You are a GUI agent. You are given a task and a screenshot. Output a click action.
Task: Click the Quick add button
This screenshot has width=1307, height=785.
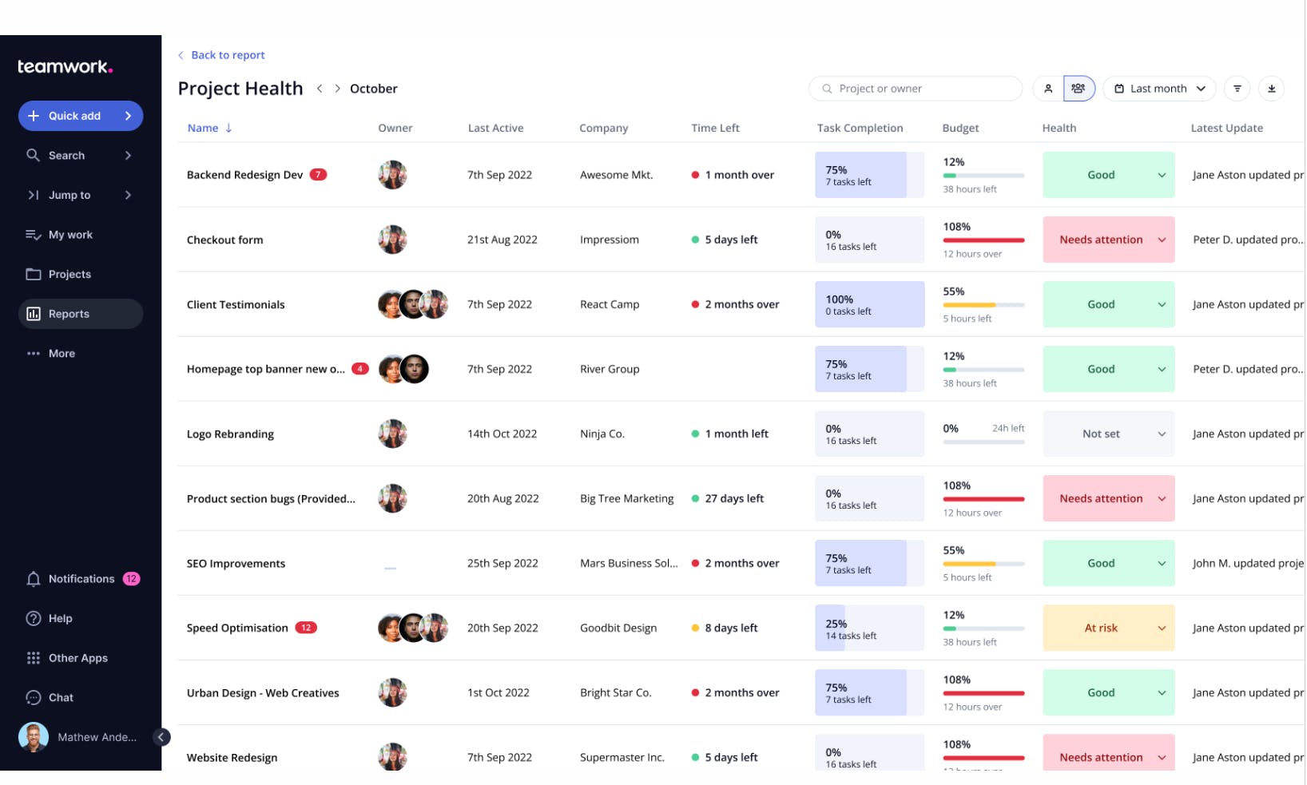[x=80, y=116]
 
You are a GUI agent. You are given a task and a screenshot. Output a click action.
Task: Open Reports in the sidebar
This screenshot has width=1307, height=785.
[x=80, y=314]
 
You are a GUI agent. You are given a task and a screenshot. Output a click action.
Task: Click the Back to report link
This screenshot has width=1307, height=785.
[x=227, y=55]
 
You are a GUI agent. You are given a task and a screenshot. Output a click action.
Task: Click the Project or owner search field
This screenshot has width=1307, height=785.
[x=916, y=89]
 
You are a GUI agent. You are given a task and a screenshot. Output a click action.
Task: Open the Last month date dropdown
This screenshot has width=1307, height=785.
[x=1158, y=89]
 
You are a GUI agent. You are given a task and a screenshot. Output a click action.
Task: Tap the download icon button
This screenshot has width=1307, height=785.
[x=1271, y=89]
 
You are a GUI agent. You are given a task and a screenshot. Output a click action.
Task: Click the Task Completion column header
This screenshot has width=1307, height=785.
[x=860, y=128]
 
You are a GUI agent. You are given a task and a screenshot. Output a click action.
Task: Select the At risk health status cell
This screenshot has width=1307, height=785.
[x=1107, y=628]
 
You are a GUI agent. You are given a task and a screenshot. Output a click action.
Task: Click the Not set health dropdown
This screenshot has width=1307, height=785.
[x=1107, y=434]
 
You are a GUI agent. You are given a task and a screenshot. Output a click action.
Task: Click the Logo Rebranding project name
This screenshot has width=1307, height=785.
[x=230, y=434]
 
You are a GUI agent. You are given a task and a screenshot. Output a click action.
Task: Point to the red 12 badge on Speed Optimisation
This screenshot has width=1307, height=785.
[x=306, y=628]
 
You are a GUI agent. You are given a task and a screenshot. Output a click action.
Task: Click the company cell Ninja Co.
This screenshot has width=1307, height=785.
[x=602, y=434]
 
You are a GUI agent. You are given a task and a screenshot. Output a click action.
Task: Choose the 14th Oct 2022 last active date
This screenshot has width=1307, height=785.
[x=502, y=434]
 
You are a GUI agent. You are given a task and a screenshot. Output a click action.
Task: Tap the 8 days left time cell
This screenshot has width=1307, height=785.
[x=730, y=628]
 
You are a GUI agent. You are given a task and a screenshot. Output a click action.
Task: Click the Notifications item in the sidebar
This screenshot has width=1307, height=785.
[x=81, y=579]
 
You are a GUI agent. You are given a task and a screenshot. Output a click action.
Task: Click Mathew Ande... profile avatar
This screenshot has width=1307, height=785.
[x=34, y=737]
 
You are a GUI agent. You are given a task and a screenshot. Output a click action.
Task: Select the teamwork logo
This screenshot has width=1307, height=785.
[x=66, y=67]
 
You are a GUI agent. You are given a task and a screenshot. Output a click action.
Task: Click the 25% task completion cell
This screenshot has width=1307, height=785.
[x=868, y=628]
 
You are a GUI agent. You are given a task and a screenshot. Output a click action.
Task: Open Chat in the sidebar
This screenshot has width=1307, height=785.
[x=61, y=698]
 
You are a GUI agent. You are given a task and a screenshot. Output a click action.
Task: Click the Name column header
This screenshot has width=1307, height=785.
[x=203, y=128]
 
